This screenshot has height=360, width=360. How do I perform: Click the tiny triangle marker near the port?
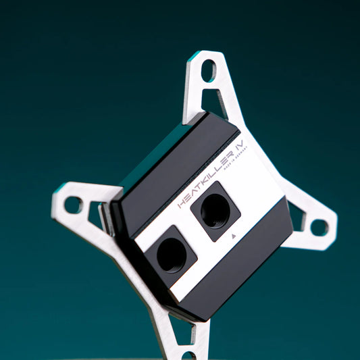(x=233, y=237)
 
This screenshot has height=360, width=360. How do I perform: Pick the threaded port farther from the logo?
(x=171, y=253)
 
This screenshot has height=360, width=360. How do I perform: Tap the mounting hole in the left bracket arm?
(x=72, y=203)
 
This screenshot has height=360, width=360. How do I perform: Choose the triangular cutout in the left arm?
(x=95, y=215)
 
